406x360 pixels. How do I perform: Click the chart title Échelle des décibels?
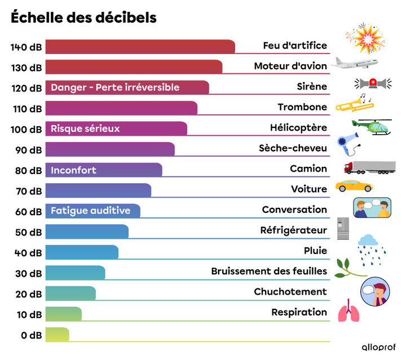click(x=83, y=18)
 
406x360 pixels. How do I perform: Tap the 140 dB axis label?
click(x=26, y=47)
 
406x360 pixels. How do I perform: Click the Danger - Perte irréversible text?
click(x=115, y=87)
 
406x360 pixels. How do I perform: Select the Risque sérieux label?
click(x=85, y=128)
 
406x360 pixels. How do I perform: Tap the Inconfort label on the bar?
click(x=73, y=170)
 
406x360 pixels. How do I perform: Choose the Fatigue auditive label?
click(x=90, y=211)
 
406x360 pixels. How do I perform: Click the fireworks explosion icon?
click(x=364, y=38)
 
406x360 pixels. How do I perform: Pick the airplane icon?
click(x=353, y=63)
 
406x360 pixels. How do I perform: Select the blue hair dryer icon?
click(x=346, y=144)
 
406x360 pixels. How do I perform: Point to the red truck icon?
click(x=369, y=167)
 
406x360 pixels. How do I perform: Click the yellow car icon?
click(x=354, y=185)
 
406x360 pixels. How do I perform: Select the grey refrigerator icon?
click(x=343, y=229)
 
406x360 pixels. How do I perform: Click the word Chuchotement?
click(x=290, y=292)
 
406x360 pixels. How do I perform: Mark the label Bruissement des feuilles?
click(x=269, y=271)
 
